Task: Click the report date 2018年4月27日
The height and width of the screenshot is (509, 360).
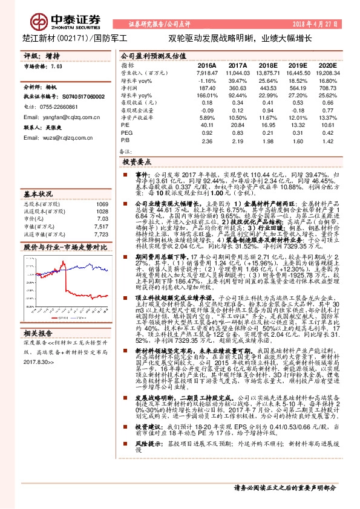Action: click(317, 24)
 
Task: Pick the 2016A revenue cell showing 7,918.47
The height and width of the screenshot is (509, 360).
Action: click(207, 73)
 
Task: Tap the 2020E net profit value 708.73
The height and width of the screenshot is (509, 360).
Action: click(327, 88)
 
